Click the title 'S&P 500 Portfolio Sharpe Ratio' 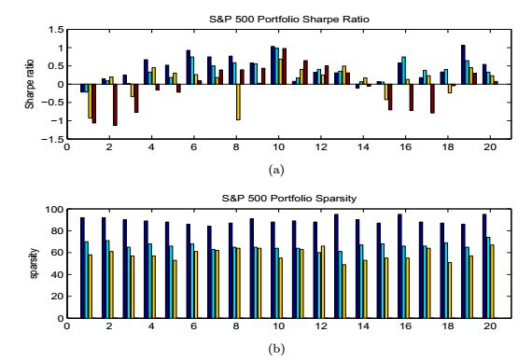click(289, 20)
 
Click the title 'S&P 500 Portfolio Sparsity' click(289, 198)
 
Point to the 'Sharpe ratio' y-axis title click(30, 84)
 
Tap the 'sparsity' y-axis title click(34, 263)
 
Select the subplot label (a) click(276, 170)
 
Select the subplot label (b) click(276, 348)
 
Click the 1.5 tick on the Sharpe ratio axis click(56, 30)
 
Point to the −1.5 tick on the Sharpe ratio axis click(52, 139)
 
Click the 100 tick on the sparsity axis click(55, 209)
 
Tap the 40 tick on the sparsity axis click(58, 274)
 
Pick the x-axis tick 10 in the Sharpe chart click(278, 147)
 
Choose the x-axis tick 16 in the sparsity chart click(405, 326)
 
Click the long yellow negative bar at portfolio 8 click(238, 102)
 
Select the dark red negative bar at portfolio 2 click(115, 104)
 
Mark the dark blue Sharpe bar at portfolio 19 click(463, 64)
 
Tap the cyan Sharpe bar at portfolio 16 click(403, 71)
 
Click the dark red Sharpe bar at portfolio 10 click(285, 66)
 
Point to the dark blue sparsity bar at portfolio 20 click(484, 266)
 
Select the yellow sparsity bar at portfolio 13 click(344, 292)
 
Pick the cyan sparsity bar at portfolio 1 click(86, 280)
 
